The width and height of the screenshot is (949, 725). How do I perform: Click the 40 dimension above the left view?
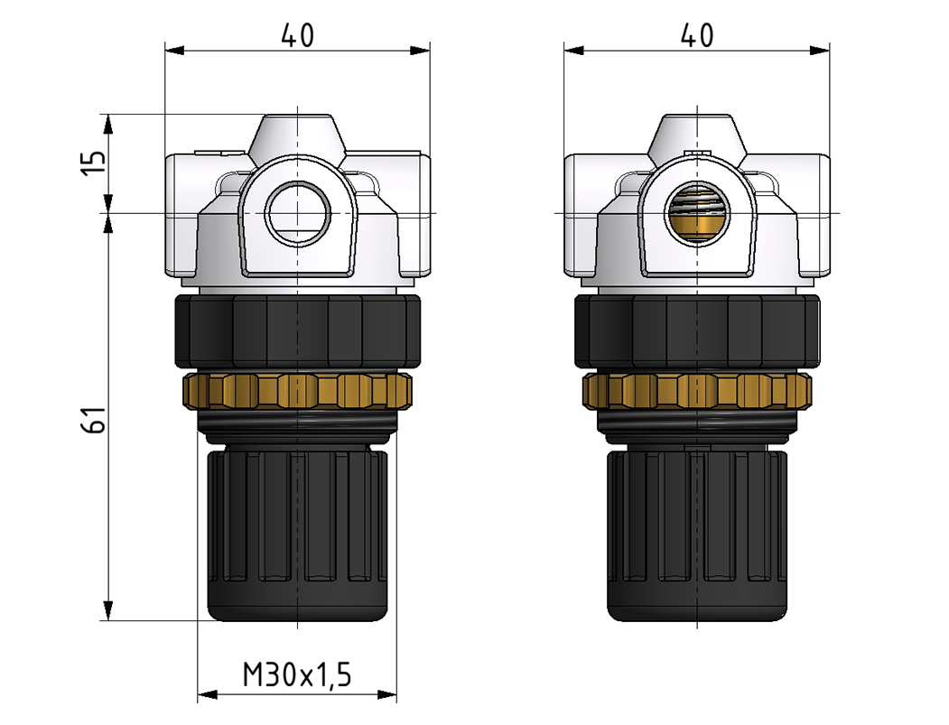click(x=297, y=36)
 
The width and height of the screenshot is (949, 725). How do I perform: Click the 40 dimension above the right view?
click(x=696, y=35)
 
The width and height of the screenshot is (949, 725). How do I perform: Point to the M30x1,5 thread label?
click(x=297, y=674)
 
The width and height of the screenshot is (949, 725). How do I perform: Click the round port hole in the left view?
click(x=297, y=213)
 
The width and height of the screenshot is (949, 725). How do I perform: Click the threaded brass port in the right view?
click(x=696, y=213)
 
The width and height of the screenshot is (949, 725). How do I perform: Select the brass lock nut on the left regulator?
click(x=297, y=390)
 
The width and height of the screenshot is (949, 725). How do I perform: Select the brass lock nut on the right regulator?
click(x=696, y=390)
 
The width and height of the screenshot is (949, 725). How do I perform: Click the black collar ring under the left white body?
click(x=297, y=330)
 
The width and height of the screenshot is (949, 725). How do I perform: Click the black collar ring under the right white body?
click(x=696, y=330)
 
